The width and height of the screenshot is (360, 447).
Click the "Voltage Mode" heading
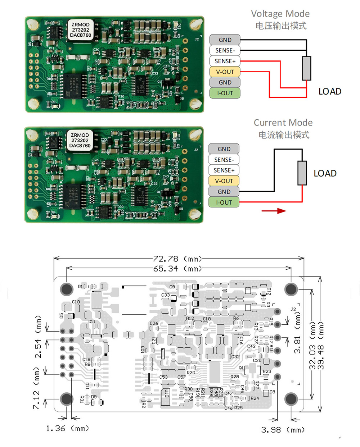coord(280,14)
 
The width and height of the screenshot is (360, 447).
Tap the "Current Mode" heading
coord(283,123)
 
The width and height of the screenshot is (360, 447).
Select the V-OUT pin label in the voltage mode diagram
coord(225,72)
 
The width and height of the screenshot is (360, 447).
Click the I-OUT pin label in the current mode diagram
coord(224,202)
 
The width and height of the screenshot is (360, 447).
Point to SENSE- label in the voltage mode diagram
coord(225,51)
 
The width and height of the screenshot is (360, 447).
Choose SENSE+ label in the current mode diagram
coord(224,170)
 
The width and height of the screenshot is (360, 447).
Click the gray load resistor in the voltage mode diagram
coord(306,68)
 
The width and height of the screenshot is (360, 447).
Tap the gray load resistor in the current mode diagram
coord(302,173)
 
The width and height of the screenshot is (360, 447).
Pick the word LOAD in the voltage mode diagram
coord(330,92)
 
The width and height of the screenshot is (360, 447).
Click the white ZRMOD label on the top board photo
coord(81,30)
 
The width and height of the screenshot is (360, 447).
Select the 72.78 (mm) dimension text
coord(177,259)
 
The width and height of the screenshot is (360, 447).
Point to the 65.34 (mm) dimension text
coord(177,269)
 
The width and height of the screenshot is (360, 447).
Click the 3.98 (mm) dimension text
coord(283,430)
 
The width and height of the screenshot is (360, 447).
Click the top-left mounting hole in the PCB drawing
coord(67,288)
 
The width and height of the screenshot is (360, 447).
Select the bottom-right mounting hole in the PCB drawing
coord(291,399)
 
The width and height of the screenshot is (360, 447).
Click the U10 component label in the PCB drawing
coord(166,394)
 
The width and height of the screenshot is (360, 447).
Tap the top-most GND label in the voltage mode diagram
coord(225,40)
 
